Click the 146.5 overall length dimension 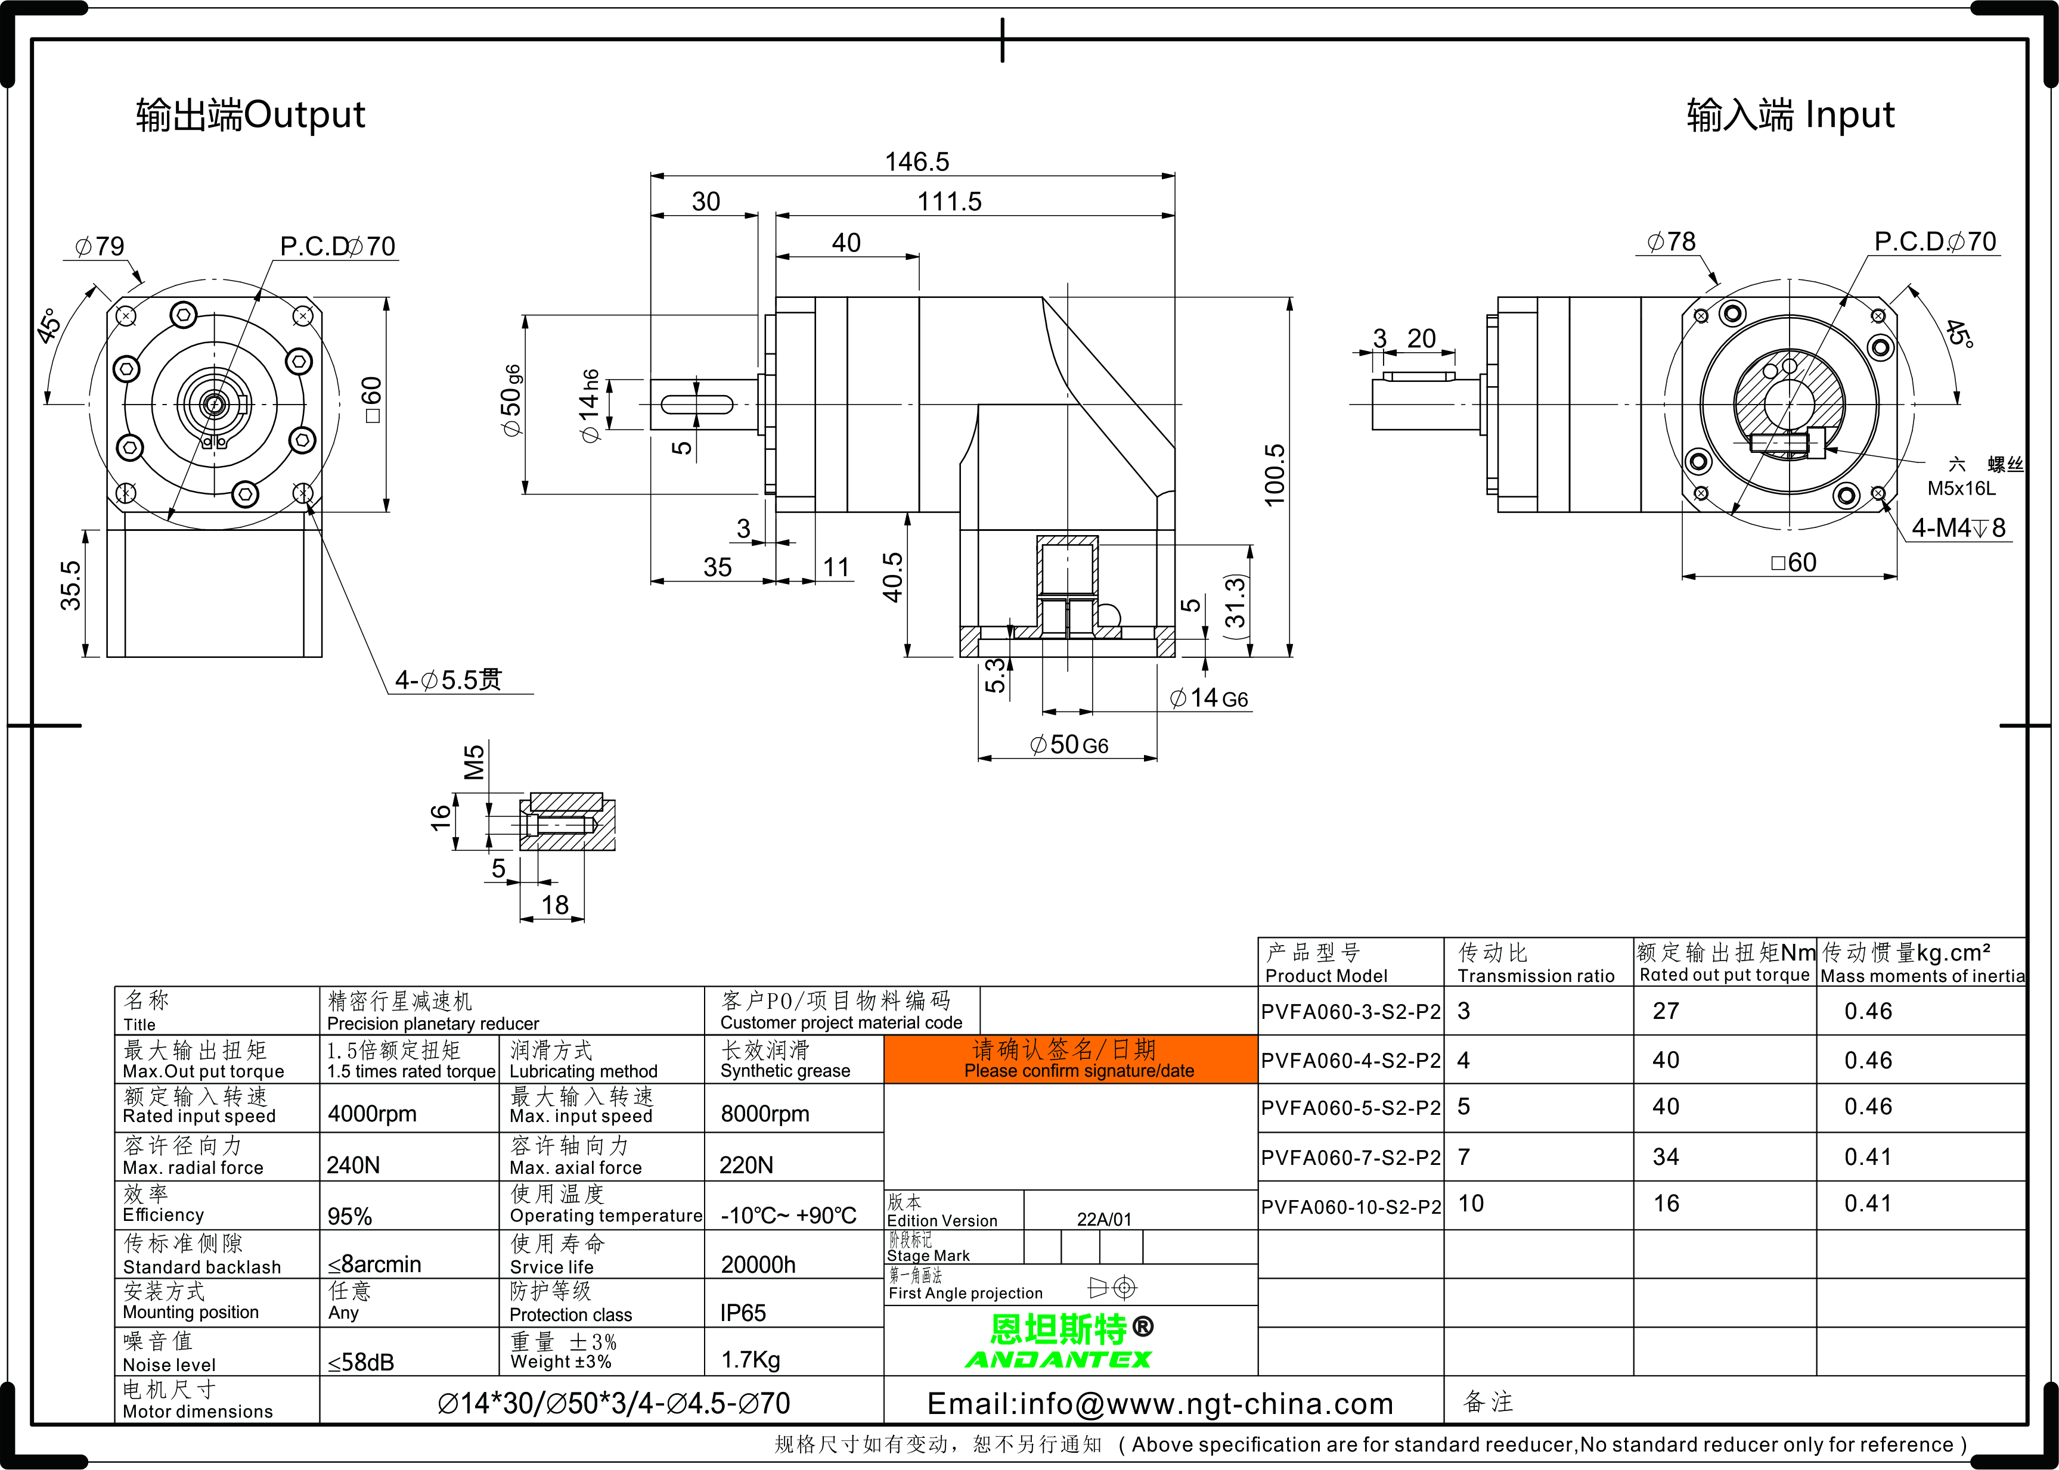[x=916, y=162]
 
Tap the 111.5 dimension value [x=949, y=202]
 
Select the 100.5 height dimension [x=1274, y=476]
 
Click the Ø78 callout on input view [x=1672, y=242]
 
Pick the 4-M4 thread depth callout [x=1958, y=528]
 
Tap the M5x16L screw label [x=1961, y=489]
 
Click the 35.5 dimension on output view [x=70, y=586]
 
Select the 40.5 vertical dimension [x=893, y=577]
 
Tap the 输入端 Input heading [x=1790, y=115]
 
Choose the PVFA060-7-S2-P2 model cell [x=1350, y=1158]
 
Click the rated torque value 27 [x=1666, y=1011]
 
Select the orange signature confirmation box [x=1071, y=1059]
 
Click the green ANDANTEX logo [x=1059, y=1360]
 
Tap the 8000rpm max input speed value [x=765, y=1114]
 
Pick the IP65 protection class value [x=743, y=1313]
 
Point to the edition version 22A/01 [x=1104, y=1219]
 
